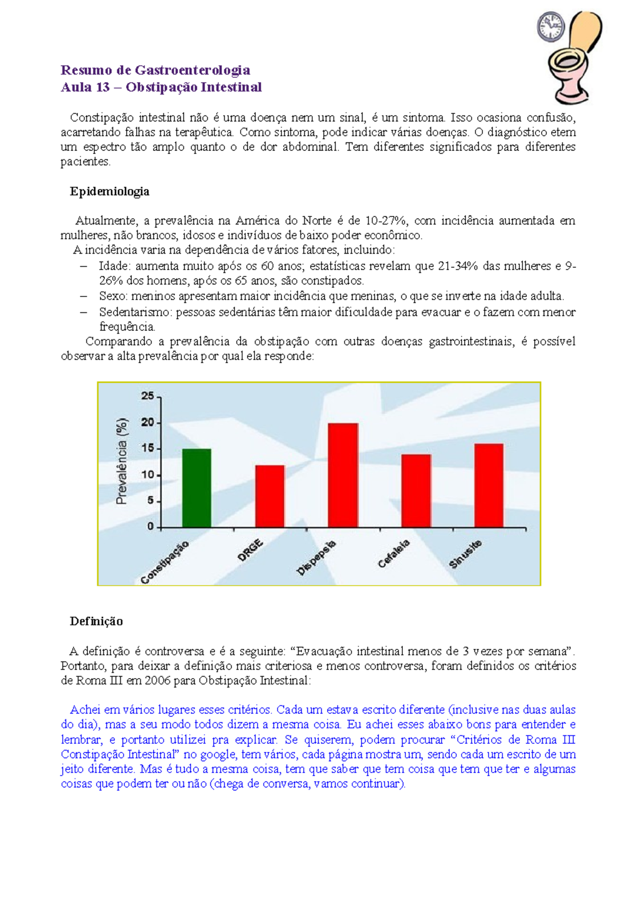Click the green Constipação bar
point(197,488)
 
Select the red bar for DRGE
point(270,496)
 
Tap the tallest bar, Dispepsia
point(343,475)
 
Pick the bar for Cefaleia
point(416,491)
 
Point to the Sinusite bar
point(489,486)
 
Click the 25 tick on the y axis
point(147,396)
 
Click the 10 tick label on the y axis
point(147,475)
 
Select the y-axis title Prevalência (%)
point(122,461)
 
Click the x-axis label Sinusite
point(465,554)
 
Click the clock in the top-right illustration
point(551,26)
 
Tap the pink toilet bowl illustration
point(570,74)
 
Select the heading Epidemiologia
point(109,192)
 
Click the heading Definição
point(96,622)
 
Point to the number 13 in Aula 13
point(102,87)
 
